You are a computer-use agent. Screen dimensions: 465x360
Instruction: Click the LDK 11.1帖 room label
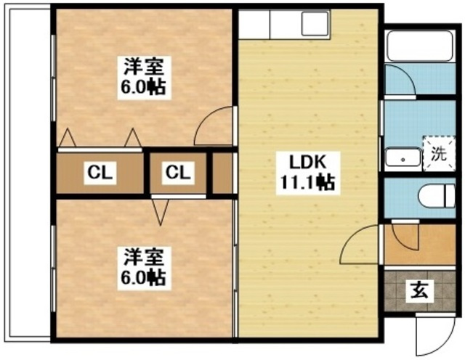click(x=308, y=173)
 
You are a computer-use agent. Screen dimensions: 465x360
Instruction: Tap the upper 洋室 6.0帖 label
click(x=144, y=78)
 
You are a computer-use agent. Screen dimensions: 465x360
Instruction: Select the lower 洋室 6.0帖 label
click(x=144, y=268)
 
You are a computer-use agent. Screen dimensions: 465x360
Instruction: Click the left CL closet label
click(x=100, y=173)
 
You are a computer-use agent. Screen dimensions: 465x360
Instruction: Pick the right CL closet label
click(x=178, y=173)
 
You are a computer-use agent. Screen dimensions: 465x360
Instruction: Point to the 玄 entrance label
click(x=420, y=290)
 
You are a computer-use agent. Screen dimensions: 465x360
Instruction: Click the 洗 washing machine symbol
click(x=439, y=153)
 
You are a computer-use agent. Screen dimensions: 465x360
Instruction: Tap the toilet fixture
click(x=437, y=195)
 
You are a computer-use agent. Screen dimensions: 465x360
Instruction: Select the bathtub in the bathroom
click(x=420, y=46)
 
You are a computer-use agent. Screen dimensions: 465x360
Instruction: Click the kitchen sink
click(x=315, y=23)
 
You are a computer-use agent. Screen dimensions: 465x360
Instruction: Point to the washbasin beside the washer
click(x=403, y=157)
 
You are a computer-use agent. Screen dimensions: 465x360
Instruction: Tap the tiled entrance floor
click(x=420, y=290)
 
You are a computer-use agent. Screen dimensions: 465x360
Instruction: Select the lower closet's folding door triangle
click(x=160, y=212)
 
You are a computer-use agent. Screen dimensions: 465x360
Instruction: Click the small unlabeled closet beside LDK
click(x=222, y=173)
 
